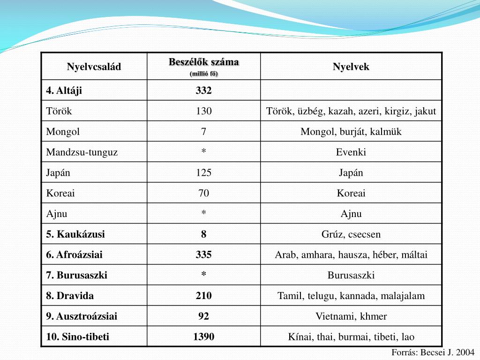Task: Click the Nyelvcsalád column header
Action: pyautogui.click(x=94, y=67)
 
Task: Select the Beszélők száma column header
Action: pyautogui.click(x=204, y=62)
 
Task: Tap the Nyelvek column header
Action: pyautogui.click(x=351, y=67)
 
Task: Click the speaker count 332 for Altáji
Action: pyautogui.click(x=204, y=90)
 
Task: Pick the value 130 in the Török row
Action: pyautogui.click(x=204, y=111)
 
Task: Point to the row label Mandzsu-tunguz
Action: pyautogui.click(x=82, y=152)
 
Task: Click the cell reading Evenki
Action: pyautogui.click(x=351, y=152)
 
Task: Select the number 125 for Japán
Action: pyautogui.click(x=204, y=173)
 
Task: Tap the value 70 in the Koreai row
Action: pyautogui.click(x=204, y=193)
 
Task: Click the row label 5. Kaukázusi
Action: pyautogui.click(x=75, y=234)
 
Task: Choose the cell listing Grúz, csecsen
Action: pyautogui.click(x=351, y=234)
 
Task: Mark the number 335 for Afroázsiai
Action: pyautogui.click(x=204, y=255)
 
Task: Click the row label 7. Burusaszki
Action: pyautogui.click(x=77, y=276)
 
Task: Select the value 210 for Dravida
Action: pyautogui.click(x=204, y=296)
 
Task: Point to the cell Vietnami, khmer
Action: pyautogui.click(x=351, y=316)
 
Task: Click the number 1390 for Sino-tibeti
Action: pyautogui.click(x=204, y=337)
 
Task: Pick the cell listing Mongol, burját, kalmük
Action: pyautogui.click(x=351, y=132)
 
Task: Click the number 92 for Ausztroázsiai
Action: pyautogui.click(x=204, y=316)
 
